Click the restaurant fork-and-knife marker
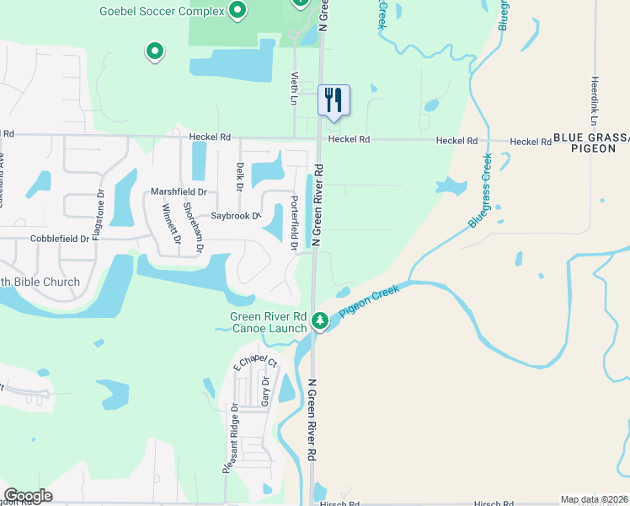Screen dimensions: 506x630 [334, 100]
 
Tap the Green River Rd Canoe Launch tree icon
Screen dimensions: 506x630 [320, 320]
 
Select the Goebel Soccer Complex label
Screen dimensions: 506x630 [162, 11]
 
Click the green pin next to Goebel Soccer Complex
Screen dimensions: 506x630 [238, 11]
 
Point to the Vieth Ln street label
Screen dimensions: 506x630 [295, 88]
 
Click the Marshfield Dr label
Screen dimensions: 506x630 [179, 191]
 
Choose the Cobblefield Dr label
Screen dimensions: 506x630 [60, 239]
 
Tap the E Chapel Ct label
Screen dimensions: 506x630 [254, 363]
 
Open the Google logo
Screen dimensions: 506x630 [28, 496]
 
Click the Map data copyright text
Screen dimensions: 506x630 [594, 499]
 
